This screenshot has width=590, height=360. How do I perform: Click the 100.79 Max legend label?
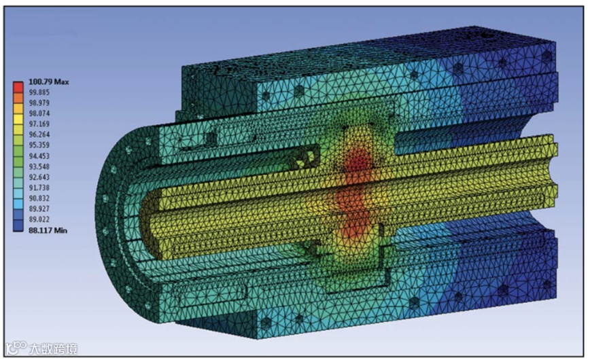[48, 82]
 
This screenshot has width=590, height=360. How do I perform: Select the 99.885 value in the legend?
[39, 92]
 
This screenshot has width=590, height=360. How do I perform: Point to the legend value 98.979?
[39, 103]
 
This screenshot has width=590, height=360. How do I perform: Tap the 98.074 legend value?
[39, 113]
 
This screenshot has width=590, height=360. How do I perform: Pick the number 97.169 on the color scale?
[39, 124]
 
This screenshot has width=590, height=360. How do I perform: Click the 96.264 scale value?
[39, 134]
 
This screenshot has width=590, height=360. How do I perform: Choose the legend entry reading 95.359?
[39, 145]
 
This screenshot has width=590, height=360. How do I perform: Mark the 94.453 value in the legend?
[39, 156]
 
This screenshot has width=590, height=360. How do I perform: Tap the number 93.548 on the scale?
[39, 166]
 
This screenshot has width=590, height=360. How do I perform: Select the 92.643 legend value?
[39, 177]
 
